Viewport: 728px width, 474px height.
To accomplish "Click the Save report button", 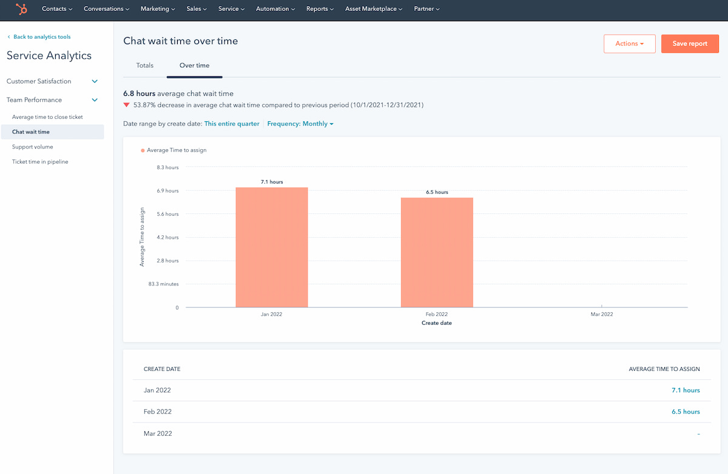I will pyautogui.click(x=690, y=44).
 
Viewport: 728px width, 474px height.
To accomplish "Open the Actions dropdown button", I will pyautogui.click(x=629, y=44).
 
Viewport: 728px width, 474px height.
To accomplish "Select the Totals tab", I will pyautogui.click(x=145, y=65).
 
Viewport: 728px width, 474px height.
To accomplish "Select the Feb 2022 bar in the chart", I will pyautogui.click(x=437, y=252).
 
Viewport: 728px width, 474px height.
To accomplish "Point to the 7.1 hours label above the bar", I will pyautogui.click(x=272, y=182).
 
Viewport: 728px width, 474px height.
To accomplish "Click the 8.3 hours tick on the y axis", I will pyautogui.click(x=167, y=167).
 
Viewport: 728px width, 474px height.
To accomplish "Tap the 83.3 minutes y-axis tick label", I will pyautogui.click(x=164, y=284).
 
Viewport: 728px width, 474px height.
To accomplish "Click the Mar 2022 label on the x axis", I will pyautogui.click(x=602, y=315).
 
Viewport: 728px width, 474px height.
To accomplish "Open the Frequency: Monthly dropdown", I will pyautogui.click(x=300, y=124).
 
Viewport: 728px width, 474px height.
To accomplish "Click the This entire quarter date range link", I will pyautogui.click(x=232, y=124).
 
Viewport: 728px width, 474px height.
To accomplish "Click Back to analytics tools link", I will pyautogui.click(x=42, y=37).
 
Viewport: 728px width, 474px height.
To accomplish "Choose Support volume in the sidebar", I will pyautogui.click(x=33, y=147).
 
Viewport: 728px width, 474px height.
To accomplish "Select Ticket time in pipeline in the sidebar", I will pyautogui.click(x=40, y=162).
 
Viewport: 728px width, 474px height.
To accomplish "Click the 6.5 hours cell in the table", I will pyautogui.click(x=686, y=412).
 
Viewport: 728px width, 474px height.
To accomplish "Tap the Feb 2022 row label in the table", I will pyautogui.click(x=158, y=412).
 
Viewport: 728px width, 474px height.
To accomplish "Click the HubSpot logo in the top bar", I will pyautogui.click(x=21, y=9).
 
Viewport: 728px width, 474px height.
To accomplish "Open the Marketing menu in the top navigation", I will pyautogui.click(x=158, y=9).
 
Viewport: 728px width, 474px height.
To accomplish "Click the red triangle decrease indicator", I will pyautogui.click(x=127, y=105).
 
